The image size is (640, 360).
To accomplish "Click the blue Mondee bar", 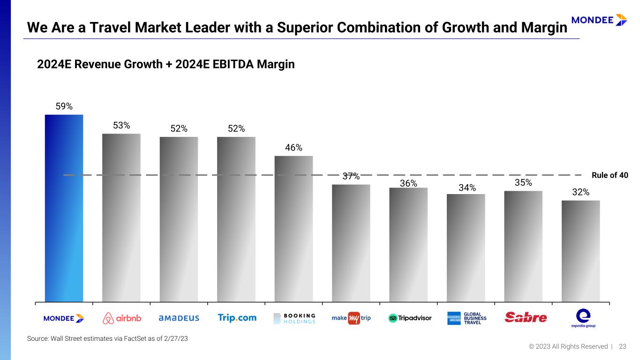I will tap(64, 208).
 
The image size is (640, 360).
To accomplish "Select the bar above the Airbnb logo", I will tap(121, 217).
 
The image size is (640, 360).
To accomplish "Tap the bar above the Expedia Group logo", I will tap(580, 251).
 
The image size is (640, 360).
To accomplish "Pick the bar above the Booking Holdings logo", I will tap(294, 229).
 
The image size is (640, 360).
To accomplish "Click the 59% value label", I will tap(64, 106).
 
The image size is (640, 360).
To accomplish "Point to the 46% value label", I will tap(294, 148).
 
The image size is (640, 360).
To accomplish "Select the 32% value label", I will tap(580, 192).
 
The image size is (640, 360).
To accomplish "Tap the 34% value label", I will tap(466, 187).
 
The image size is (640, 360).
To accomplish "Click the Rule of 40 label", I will tap(610, 175).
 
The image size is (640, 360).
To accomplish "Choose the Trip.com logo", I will tap(237, 318).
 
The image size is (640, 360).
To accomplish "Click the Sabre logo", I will tap(526, 318).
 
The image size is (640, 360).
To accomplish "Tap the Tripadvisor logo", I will tap(410, 318).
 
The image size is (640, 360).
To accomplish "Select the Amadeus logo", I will tap(179, 318).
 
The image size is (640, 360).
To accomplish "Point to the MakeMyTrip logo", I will tap(351, 318).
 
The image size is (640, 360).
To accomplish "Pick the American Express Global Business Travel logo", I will tap(467, 318).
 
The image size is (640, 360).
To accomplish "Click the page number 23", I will tap(623, 346).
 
